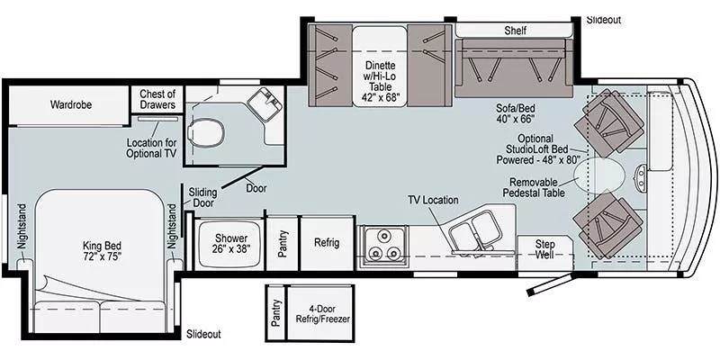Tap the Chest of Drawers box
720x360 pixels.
pos(156,98)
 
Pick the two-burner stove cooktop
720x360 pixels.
pos(383,242)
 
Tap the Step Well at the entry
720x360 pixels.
pos(545,249)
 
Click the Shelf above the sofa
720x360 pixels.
pos(515,31)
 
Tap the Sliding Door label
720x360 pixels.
pos(202,198)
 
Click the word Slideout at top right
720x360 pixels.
pos(603,19)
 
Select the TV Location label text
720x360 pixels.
pos(433,200)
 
